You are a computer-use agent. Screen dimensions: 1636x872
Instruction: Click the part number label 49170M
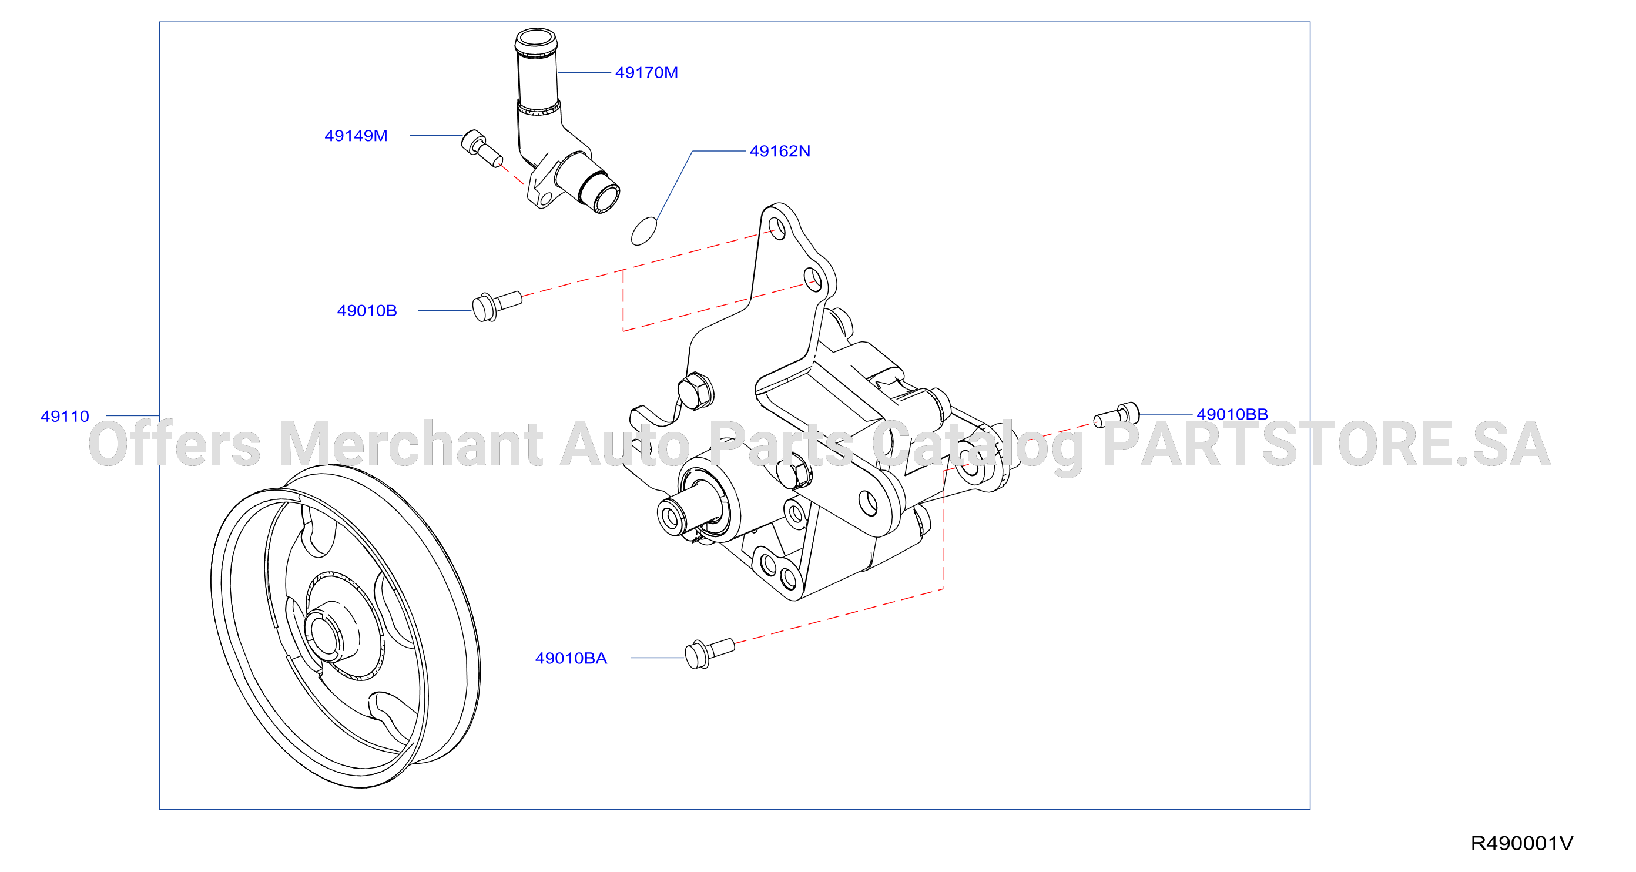point(646,72)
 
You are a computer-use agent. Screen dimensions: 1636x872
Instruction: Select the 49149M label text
point(356,136)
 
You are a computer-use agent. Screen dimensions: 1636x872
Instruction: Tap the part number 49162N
point(779,151)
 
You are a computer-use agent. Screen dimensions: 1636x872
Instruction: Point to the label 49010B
point(367,311)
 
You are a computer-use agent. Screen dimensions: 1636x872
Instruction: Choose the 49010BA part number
point(571,658)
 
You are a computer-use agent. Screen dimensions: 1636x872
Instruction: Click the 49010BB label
point(1232,414)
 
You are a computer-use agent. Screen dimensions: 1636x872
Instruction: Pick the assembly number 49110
point(65,416)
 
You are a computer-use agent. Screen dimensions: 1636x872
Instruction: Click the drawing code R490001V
point(1521,843)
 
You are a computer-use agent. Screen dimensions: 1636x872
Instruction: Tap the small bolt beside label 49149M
point(481,149)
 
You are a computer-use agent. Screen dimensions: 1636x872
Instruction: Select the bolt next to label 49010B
point(497,306)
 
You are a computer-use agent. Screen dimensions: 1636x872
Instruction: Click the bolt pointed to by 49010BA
point(709,653)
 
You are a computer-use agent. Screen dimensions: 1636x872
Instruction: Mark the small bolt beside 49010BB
point(1117,415)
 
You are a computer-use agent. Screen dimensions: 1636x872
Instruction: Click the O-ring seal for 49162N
point(644,231)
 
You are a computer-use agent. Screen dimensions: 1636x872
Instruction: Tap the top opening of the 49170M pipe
point(536,40)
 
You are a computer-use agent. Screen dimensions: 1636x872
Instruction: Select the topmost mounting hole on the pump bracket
point(776,227)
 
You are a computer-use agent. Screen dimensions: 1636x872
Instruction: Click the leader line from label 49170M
point(585,72)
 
